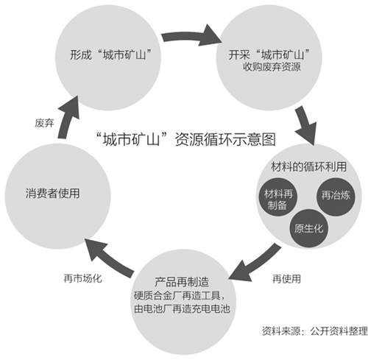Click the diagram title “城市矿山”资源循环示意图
[x=186, y=139]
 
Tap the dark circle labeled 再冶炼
[x=336, y=197]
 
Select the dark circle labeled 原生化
[x=308, y=228]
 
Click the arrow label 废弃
[x=44, y=123]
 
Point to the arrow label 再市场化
[x=82, y=278]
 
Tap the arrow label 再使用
[x=286, y=279]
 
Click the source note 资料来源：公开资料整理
[x=315, y=331]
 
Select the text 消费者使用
[x=52, y=193]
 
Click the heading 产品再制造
[x=182, y=282]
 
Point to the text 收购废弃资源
[x=272, y=67]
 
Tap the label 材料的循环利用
[x=308, y=167]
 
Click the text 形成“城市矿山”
[x=110, y=54]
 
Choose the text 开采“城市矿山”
[x=269, y=54]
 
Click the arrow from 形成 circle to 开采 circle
[x=192, y=36]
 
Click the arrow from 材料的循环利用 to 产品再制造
[x=255, y=263]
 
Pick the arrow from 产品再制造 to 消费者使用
[x=109, y=256]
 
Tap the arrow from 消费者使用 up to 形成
[x=68, y=117]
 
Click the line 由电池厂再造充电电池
[x=182, y=308]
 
